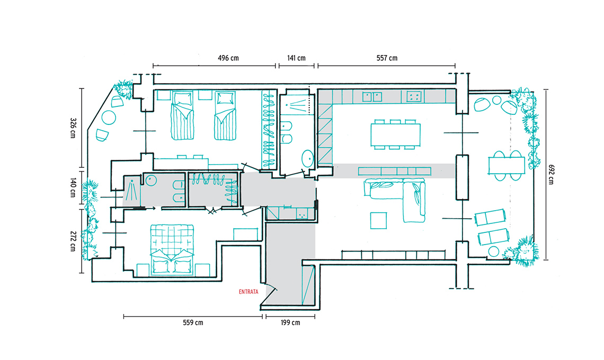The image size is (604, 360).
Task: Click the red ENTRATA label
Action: click(248, 292)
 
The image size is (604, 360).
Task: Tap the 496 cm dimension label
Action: click(228, 58)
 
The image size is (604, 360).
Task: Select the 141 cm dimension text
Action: click(296, 58)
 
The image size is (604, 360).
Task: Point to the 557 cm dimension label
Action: click(387, 58)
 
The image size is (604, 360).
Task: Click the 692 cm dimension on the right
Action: click(551, 174)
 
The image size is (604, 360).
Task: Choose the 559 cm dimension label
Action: click(193, 322)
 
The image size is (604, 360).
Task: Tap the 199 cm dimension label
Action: click(290, 322)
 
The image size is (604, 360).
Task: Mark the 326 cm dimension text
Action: click(73, 128)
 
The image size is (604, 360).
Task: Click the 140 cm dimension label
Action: click(73, 188)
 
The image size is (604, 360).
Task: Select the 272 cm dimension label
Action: click(73, 241)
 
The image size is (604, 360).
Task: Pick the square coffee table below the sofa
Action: click(378, 221)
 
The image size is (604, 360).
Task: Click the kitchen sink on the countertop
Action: click(372, 96)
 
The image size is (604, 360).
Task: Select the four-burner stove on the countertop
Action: click(414, 96)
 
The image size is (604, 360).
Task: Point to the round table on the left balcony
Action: click(109, 118)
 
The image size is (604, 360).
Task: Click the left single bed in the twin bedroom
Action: click(182, 115)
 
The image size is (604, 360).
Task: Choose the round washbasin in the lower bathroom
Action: click(150, 181)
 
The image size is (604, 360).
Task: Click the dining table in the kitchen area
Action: click(396, 135)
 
